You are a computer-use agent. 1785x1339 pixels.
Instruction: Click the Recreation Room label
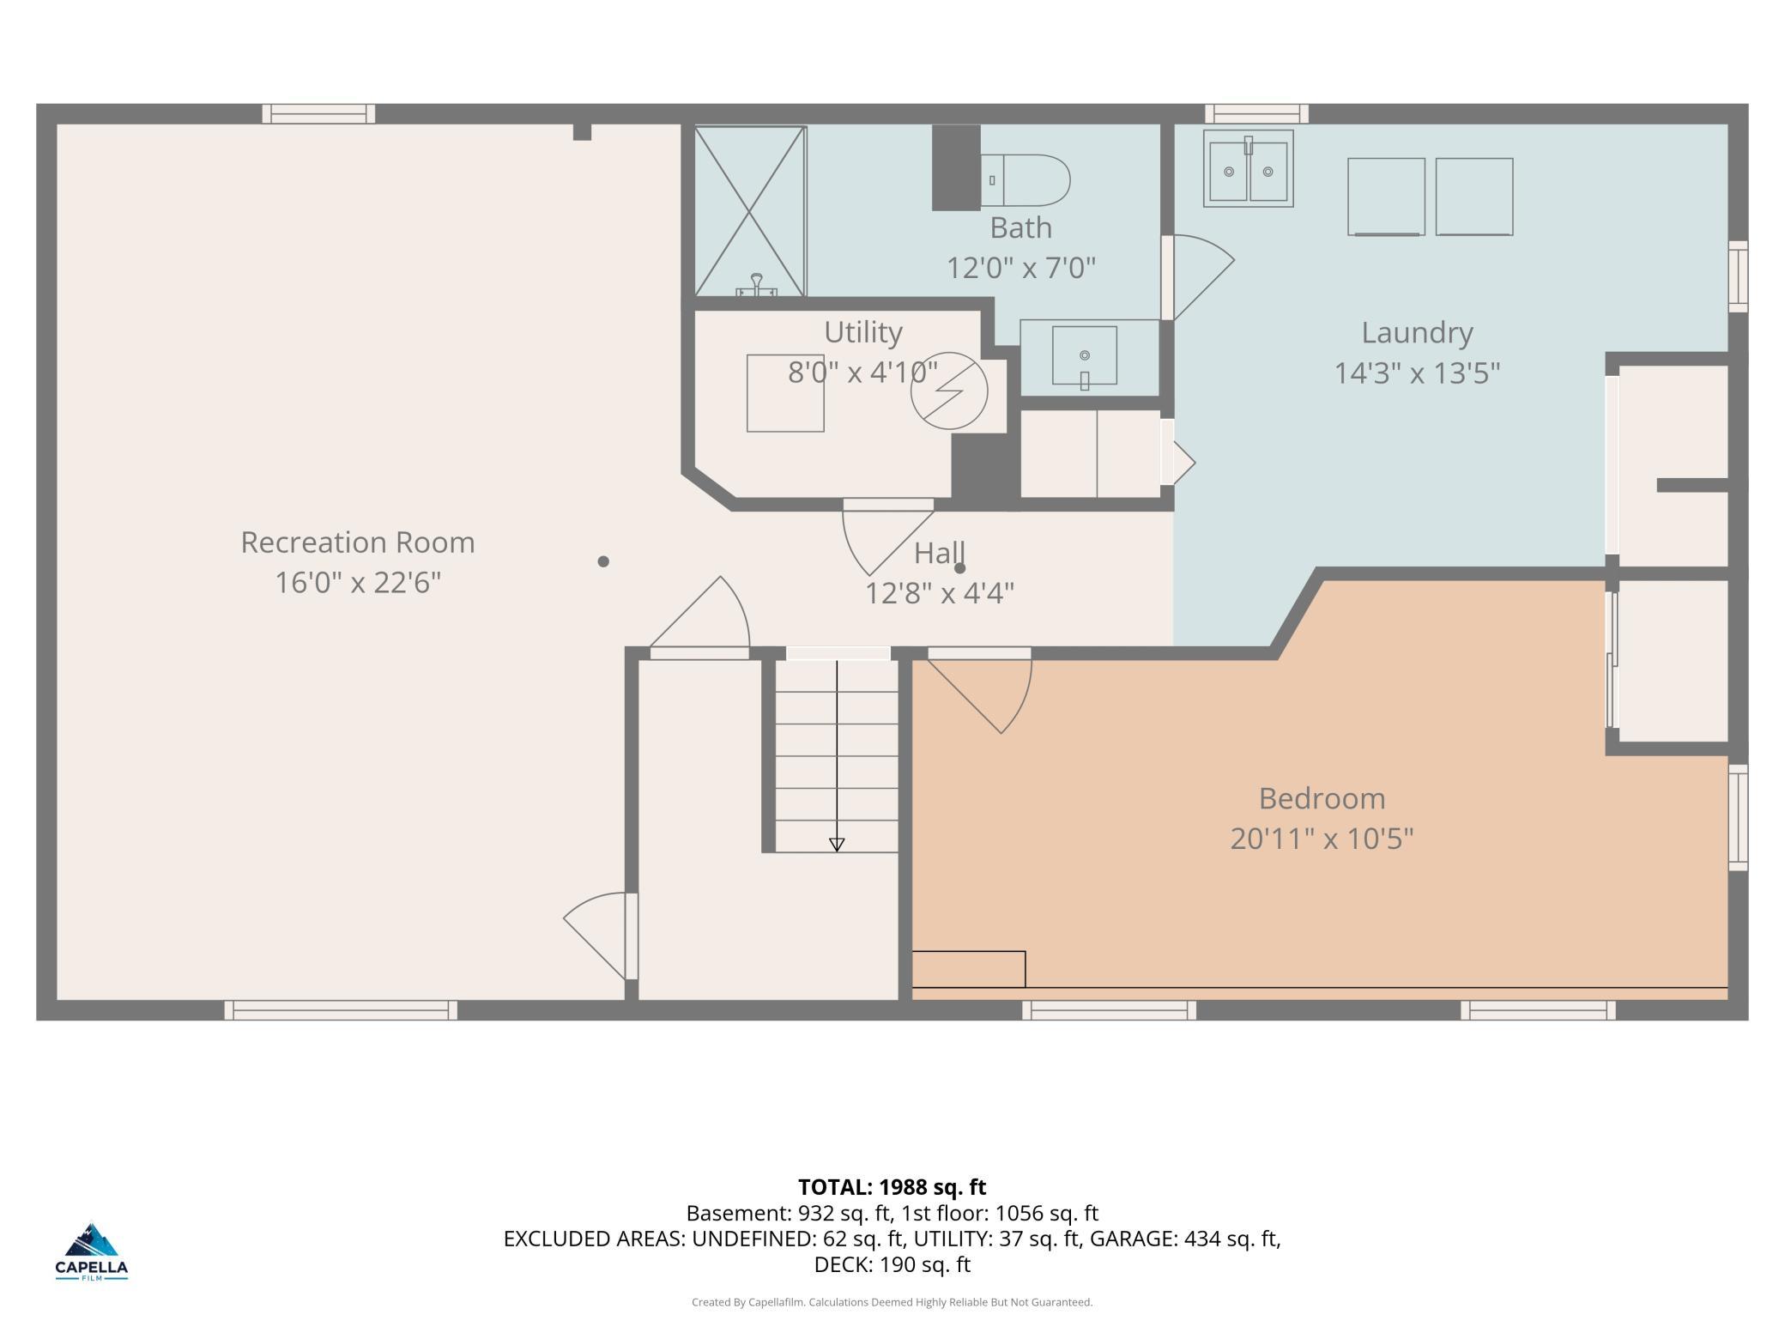[358, 542]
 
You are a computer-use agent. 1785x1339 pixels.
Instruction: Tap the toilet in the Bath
[1026, 180]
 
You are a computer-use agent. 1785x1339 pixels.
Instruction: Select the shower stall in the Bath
[750, 211]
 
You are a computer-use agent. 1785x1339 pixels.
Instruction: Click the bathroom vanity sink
[1085, 355]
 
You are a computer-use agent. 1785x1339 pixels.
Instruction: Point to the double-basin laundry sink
[1249, 169]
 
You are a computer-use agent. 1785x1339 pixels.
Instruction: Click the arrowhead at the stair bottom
[837, 845]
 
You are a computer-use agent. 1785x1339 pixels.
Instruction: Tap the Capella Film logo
[92, 1251]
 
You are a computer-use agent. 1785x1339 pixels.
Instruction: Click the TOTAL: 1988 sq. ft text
[892, 1187]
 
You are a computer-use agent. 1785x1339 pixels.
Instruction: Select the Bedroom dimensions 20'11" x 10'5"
[1322, 839]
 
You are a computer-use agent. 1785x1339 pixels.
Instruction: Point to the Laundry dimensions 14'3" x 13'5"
[1417, 373]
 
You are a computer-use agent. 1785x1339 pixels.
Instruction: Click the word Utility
[863, 332]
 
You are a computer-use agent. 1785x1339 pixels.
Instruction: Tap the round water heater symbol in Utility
[949, 391]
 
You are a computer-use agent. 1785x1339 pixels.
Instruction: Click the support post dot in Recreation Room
[603, 561]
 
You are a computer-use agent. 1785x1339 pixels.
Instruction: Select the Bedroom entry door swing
[980, 690]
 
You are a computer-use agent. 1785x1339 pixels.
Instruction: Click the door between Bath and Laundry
[1198, 277]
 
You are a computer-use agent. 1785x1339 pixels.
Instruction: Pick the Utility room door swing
[888, 537]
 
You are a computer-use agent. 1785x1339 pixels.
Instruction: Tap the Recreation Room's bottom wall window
[341, 1010]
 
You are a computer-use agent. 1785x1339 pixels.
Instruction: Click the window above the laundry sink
[1257, 113]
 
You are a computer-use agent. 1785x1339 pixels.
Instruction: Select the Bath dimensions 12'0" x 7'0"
[1021, 269]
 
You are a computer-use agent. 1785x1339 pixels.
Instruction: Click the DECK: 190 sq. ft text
[892, 1264]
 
